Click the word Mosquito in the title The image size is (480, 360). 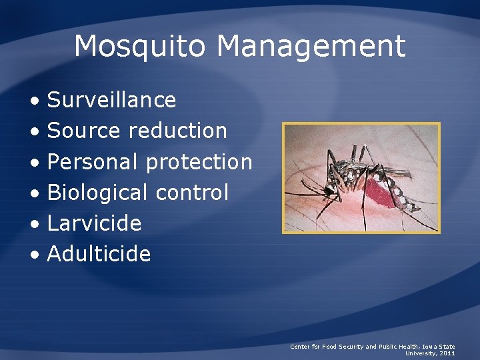141,47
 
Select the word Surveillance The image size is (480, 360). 112,100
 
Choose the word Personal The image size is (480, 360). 93,161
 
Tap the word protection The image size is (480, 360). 199,162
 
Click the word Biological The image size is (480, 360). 97,193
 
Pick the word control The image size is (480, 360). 192,193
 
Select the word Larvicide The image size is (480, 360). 95,223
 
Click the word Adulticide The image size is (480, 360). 99,254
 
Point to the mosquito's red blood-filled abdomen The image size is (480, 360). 377,191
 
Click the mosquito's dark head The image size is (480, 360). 330,192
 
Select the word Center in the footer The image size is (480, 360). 299,347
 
